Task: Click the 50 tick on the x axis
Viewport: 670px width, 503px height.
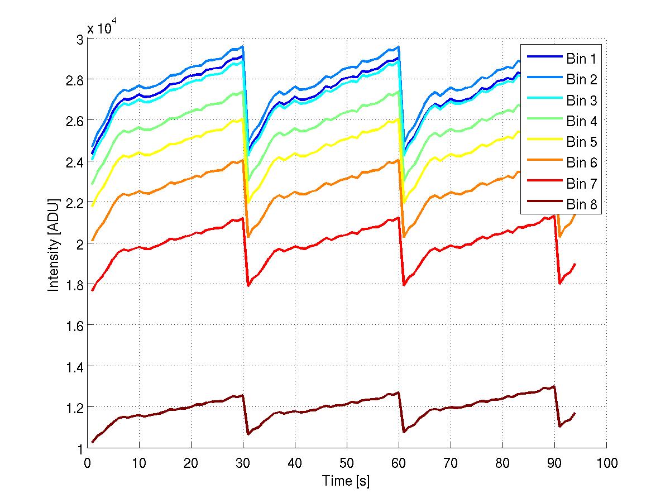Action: tap(347, 463)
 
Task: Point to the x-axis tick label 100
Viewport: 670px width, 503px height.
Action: tap(606, 463)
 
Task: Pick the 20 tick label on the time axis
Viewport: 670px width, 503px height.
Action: tap(191, 463)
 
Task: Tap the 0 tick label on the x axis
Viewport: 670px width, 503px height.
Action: tap(87, 463)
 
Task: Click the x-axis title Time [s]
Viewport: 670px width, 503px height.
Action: tap(346, 480)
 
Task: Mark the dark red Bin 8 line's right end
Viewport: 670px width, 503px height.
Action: tap(575, 413)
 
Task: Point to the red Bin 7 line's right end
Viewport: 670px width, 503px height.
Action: tap(575, 264)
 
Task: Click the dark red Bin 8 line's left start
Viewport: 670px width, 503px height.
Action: tap(93, 442)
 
